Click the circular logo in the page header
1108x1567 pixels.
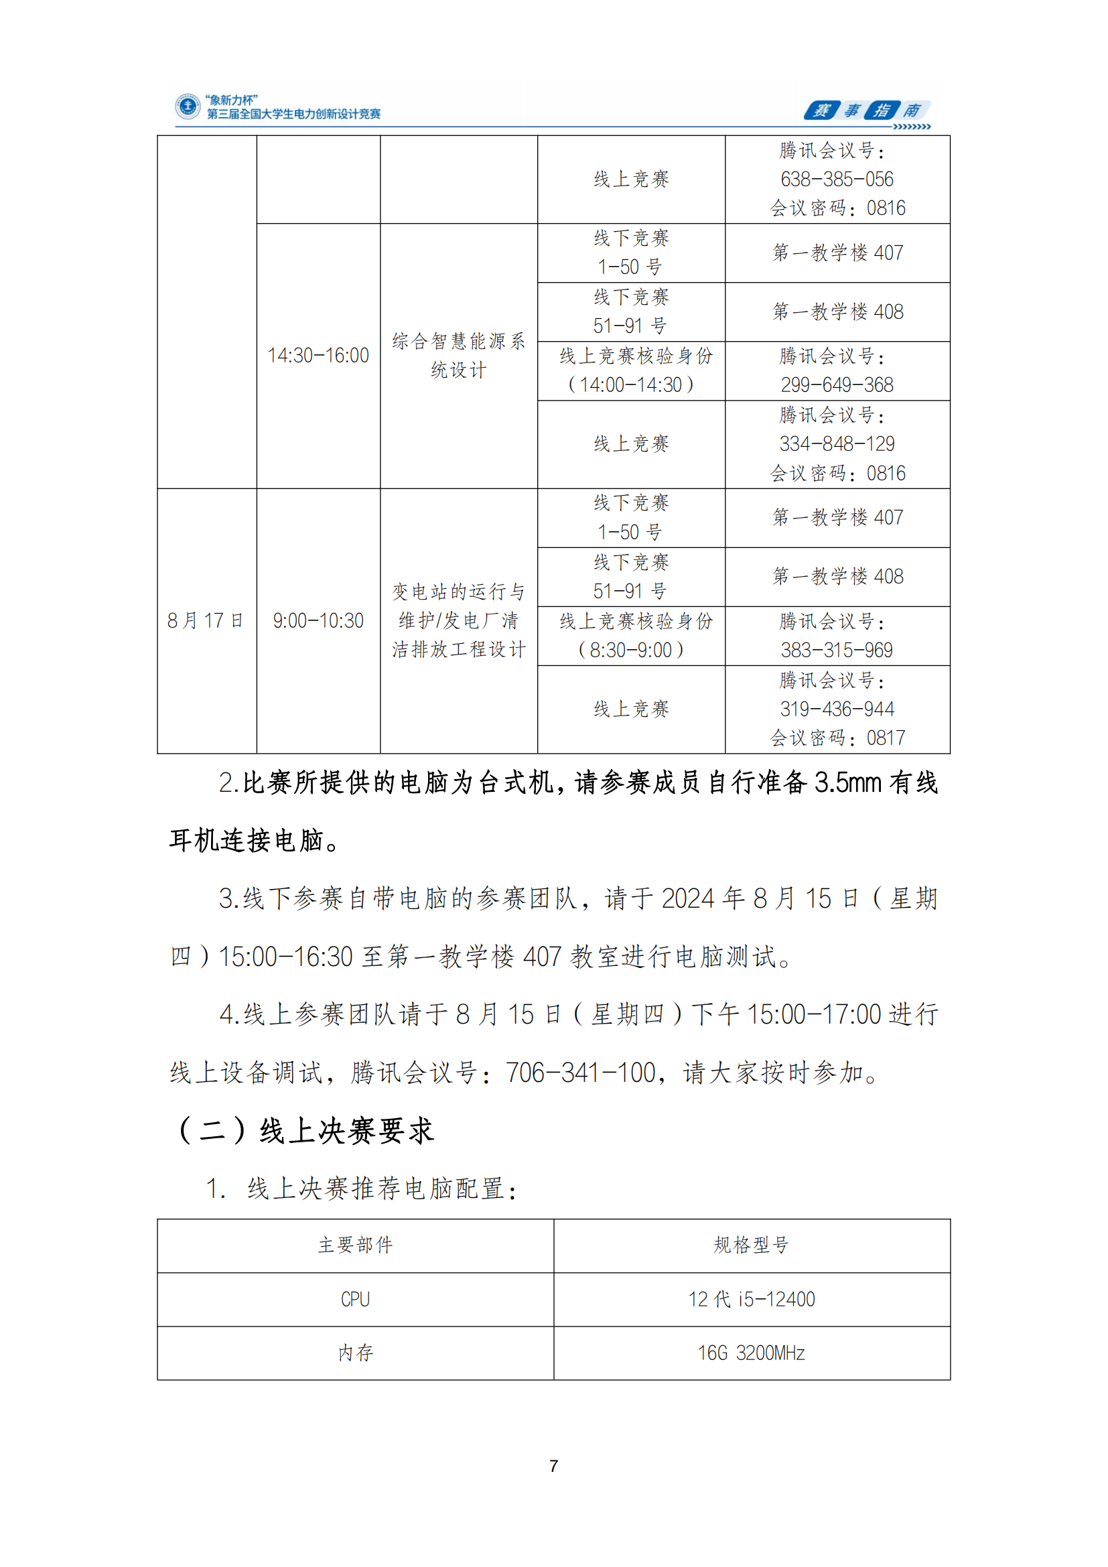188,107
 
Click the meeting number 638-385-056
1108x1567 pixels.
837,180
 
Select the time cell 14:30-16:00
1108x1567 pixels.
318,356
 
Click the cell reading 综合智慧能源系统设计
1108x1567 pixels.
458,356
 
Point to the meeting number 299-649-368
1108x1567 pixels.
837,385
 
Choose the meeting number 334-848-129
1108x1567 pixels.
837,444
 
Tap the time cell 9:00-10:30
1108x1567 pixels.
318,620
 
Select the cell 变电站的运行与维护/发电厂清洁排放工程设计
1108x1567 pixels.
458,620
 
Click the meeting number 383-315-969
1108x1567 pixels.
837,651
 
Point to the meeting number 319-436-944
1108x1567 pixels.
837,709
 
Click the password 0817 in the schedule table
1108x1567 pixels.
886,738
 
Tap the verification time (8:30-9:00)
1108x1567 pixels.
630,651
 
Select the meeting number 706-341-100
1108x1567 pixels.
580,1073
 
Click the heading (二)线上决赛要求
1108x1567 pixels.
305,1131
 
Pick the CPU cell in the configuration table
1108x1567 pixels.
355,1299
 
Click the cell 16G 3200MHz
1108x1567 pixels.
751,1353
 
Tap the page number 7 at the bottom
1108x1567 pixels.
553,1466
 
